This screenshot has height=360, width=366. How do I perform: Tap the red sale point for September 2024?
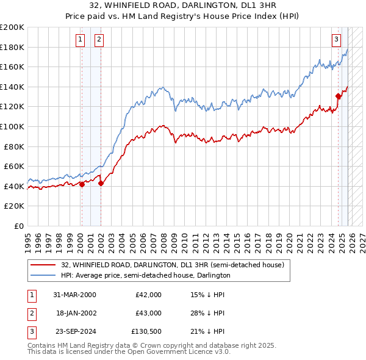coord(338,95)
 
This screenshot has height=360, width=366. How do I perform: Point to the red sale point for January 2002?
coord(101,183)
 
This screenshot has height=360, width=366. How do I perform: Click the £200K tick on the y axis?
coord(12,27)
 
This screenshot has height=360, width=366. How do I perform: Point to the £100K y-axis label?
coord(12,126)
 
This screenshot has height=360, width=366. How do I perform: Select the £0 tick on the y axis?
coord(18,226)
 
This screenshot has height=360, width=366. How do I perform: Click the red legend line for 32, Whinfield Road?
coord(43,265)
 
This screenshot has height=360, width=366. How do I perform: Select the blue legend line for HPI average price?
coord(43,276)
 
